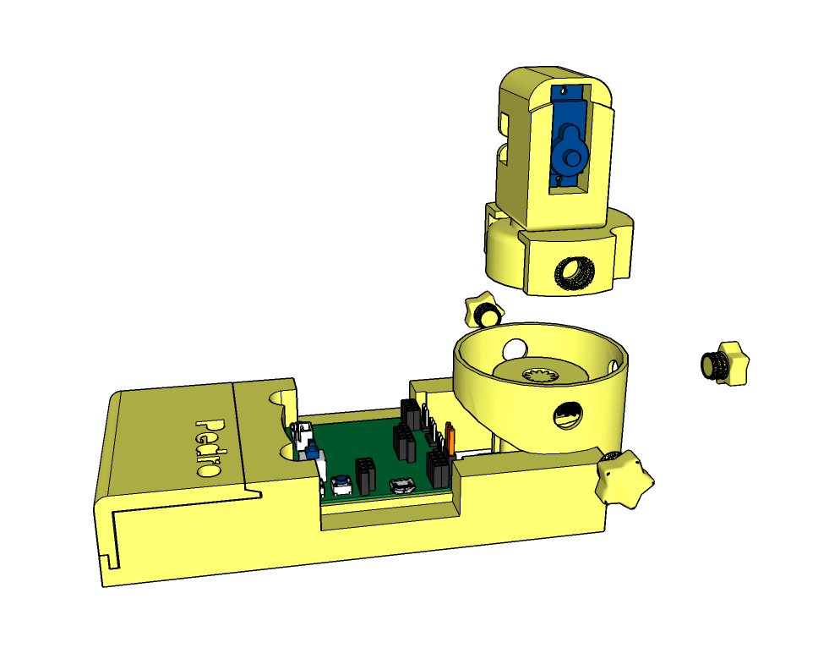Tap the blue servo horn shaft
pos(573,157)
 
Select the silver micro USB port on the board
pos(402,486)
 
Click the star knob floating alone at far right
pos(725,364)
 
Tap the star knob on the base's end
pos(623,479)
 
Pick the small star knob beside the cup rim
pos(484,310)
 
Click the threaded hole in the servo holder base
pos(574,273)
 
